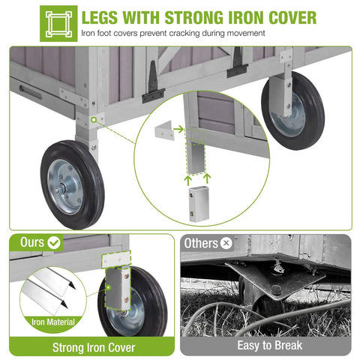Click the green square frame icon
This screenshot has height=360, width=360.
pyautogui.click(x=58, y=23)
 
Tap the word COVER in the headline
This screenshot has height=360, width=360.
pyautogui.click(x=292, y=17)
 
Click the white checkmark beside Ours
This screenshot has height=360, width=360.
pyautogui.click(x=54, y=242)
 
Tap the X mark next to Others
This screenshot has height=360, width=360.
pyautogui.click(x=226, y=243)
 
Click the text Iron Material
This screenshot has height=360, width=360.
pyautogui.click(x=53, y=322)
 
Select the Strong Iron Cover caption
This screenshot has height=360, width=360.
pyautogui.click(x=94, y=347)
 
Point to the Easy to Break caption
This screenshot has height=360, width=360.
pyautogui.click(x=270, y=346)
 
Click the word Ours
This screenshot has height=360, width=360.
pyautogui.click(x=32, y=242)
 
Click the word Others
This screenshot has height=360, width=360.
pyautogui.click(x=201, y=243)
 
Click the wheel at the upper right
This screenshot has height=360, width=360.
pyautogui.click(x=293, y=110)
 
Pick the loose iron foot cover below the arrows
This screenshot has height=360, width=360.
pyautogui.click(x=199, y=204)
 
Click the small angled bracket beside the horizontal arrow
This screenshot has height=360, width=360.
pyautogui.click(x=164, y=130)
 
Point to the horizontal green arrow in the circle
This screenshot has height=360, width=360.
pyautogui.click(x=178, y=129)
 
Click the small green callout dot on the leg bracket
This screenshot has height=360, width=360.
pyautogui.click(x=94, y=120)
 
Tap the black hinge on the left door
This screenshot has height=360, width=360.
pyautogui.click(x=153, y=84)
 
